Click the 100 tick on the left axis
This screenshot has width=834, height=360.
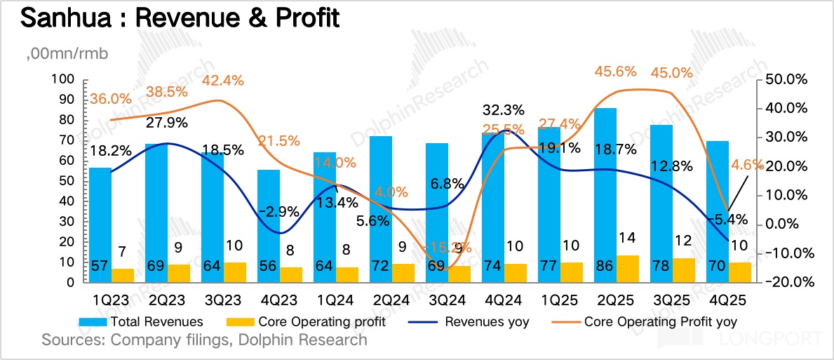point(64,79)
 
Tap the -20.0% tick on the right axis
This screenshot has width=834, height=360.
point(788,283)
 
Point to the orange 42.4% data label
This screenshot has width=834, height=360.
point(222,80)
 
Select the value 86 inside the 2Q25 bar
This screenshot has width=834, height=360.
point(605,269)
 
